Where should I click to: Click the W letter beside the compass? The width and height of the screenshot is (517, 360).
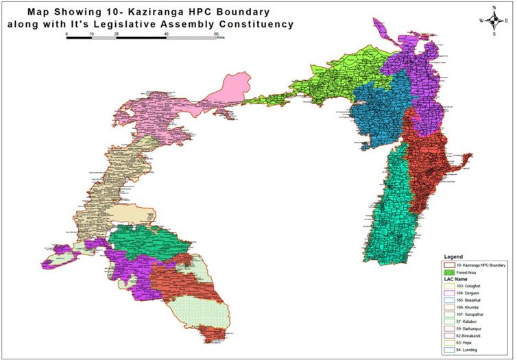[481, 21]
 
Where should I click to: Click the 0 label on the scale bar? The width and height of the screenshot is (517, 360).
[67, 33]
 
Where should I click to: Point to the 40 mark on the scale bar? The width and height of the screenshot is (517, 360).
[167, 33]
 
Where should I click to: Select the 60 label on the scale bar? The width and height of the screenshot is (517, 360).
[216, 33]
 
